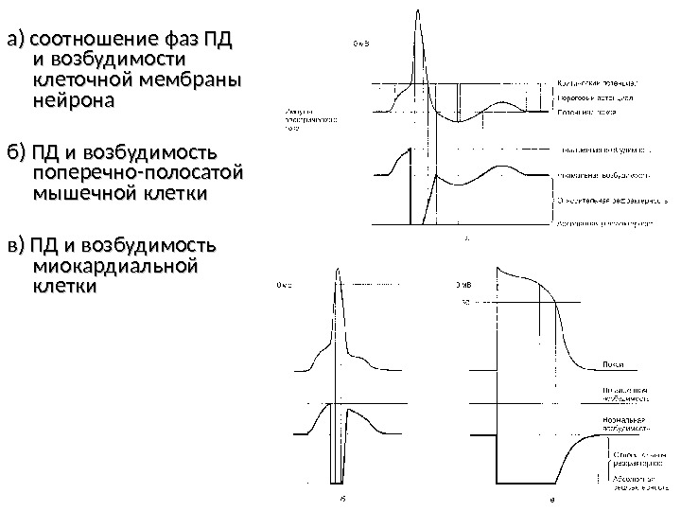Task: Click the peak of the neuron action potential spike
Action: pos(416,11)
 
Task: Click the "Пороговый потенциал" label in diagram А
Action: pos(596,97)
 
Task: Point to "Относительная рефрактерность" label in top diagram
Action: pos(601,201)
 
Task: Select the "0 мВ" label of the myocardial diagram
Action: pos(464,284)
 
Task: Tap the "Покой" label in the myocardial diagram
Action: pos(612,363)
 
